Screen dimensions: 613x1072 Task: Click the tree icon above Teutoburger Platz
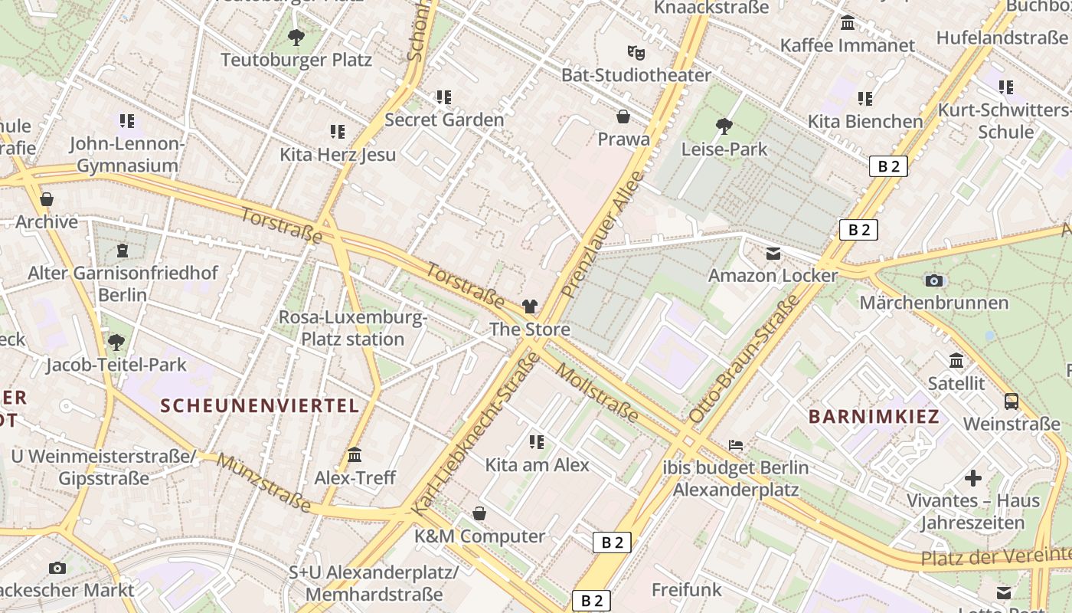(296, 36)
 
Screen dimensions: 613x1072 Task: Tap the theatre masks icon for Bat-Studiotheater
(636, 52)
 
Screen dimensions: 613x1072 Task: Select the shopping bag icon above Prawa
(623, 116)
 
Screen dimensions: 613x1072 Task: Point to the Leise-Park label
(724, 149)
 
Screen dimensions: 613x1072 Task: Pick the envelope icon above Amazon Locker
(773, 253)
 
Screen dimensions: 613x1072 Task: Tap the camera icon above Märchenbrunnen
(933, 280)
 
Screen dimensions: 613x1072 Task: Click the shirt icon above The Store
(530, 306)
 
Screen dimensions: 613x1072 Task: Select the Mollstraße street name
(597, 393)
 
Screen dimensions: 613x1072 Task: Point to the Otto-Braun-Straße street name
(744, 359)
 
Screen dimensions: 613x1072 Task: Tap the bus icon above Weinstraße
(1012, 402)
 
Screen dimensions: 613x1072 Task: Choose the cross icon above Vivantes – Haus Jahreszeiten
(973, 478)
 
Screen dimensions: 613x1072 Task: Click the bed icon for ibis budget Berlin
(736, 445)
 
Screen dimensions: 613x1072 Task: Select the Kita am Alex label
(537, 464)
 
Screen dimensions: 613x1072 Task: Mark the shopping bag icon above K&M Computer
(479, 513)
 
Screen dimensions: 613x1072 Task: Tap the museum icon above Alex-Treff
(355, 455)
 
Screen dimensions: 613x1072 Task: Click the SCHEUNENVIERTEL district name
(260, 405)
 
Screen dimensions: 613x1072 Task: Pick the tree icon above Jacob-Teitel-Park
(116, 342)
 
